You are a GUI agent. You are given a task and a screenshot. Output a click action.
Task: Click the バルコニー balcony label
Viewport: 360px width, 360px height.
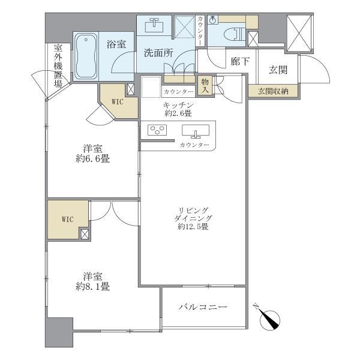[x=203, y=307]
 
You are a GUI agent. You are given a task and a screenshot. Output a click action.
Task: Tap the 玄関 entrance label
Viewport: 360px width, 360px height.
[x=277, y=70]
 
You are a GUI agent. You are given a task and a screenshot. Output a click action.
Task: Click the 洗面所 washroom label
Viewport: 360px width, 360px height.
[x=158, y=53]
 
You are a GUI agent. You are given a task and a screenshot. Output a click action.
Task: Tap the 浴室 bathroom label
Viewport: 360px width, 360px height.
[x=115, y=44]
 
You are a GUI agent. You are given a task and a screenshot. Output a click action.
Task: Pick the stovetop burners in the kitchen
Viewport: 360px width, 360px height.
[x=159, y=131]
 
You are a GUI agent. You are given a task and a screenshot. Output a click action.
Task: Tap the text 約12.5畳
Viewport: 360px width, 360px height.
[x=192, y=226]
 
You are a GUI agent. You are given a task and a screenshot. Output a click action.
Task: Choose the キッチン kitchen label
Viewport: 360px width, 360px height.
[x=179, y=105]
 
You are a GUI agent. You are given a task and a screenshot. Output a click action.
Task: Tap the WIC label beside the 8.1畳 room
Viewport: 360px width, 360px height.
[x=67, y=219]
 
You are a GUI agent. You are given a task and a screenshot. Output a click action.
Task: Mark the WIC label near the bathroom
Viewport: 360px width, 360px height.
[x=116, y=102]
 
